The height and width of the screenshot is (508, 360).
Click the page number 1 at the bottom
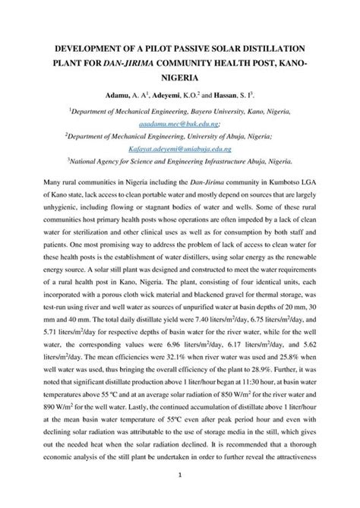[179, 497]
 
